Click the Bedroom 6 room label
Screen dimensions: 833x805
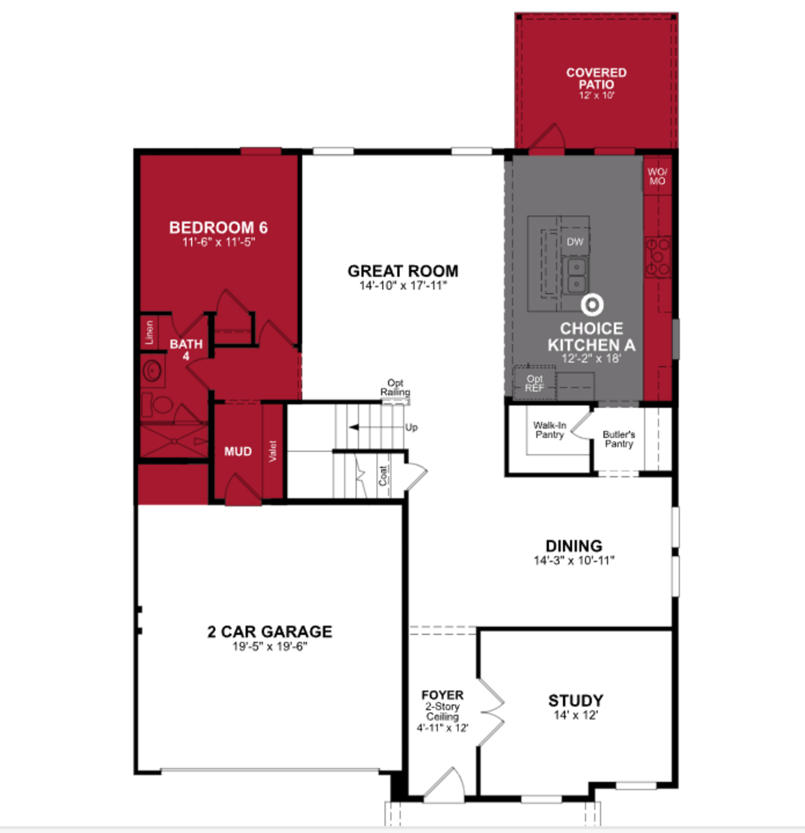tap(218, 228)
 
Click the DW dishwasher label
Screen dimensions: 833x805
tap(575, 242)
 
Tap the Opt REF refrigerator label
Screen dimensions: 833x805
tap(534, 383)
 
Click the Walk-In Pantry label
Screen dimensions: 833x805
tap(549, 430)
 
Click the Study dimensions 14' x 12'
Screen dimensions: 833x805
tap(576, 715)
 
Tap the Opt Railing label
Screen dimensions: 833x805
tap(395, 388)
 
